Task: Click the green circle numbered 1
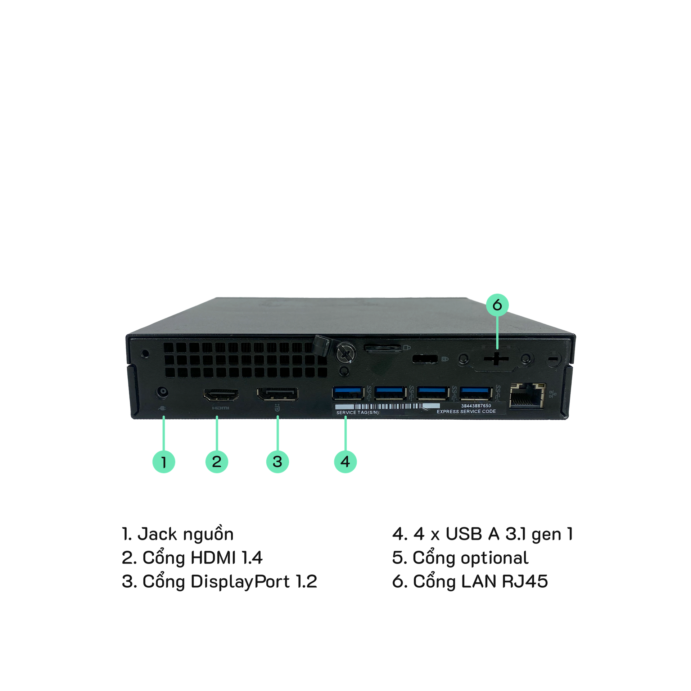(164, 461)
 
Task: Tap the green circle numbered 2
(217, 461)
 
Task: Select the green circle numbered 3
(277, 461)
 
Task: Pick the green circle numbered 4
(345, 461)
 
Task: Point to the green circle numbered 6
(497, 305)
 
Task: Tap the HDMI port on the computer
(221, 396)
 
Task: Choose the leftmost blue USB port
(348, 393)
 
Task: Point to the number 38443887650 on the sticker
(476, 406)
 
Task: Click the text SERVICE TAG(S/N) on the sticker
(358, 412)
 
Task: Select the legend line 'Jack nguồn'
(178, 534)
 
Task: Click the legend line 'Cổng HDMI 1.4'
(192, 558)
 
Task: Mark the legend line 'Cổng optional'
(460, 558)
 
